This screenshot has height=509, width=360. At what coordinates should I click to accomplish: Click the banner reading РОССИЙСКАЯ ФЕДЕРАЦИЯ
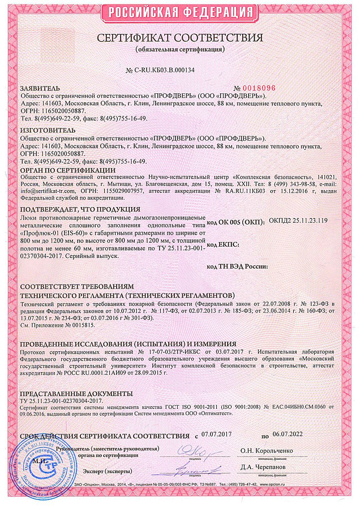tap(180, 12)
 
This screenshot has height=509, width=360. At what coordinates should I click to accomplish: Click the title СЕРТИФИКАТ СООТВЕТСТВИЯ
tap(180, 38)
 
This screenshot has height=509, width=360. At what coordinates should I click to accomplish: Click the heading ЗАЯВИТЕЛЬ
tap(39, 89)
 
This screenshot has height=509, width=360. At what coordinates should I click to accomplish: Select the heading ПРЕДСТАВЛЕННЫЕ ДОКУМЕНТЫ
tap(76, 394)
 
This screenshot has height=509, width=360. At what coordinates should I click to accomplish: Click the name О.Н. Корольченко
tap(267, 450)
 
